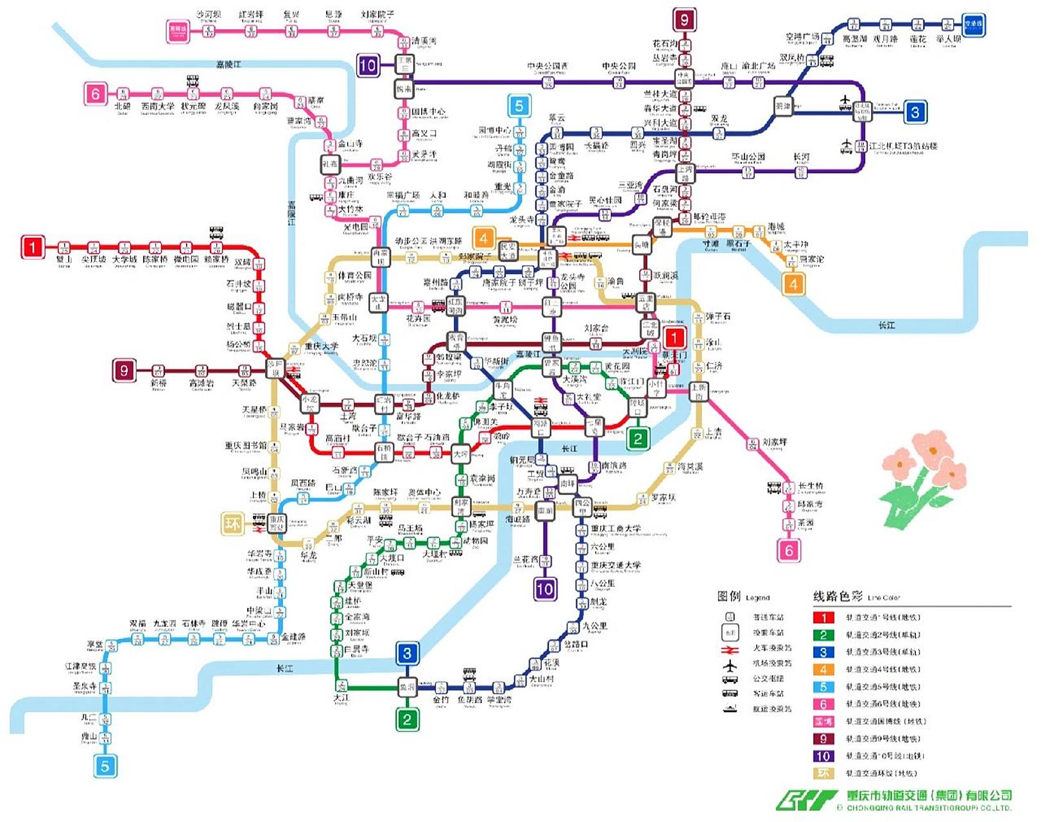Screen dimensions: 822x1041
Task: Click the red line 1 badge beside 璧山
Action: point(33,247)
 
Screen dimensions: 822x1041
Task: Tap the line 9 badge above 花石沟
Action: point(684,20)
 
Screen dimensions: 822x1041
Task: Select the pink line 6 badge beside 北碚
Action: point(95,94)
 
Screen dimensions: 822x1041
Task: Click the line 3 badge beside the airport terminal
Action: point(915,112)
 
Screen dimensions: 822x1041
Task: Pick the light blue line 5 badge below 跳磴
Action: point(105,765)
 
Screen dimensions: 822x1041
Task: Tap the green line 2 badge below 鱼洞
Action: point(407,719)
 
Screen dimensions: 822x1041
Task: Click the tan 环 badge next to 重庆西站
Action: point(232,523)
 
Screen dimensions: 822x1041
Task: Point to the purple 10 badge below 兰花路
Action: point(545,588)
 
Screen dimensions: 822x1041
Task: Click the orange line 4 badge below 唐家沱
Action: point(793,284)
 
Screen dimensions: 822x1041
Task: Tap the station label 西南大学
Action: point(157,106)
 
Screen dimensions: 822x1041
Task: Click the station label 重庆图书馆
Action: point(246,446)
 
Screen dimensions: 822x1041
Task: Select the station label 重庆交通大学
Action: point(615,566)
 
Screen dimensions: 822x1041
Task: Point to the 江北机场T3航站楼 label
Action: point(902,146)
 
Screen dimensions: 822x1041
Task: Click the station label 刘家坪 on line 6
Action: point(775,442)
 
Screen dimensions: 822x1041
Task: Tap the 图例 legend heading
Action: point(729,596)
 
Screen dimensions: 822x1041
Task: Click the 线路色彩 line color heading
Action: point(838,596)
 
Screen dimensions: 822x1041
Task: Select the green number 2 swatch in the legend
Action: point(823,635)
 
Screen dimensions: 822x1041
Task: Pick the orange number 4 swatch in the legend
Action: point(823,670)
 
